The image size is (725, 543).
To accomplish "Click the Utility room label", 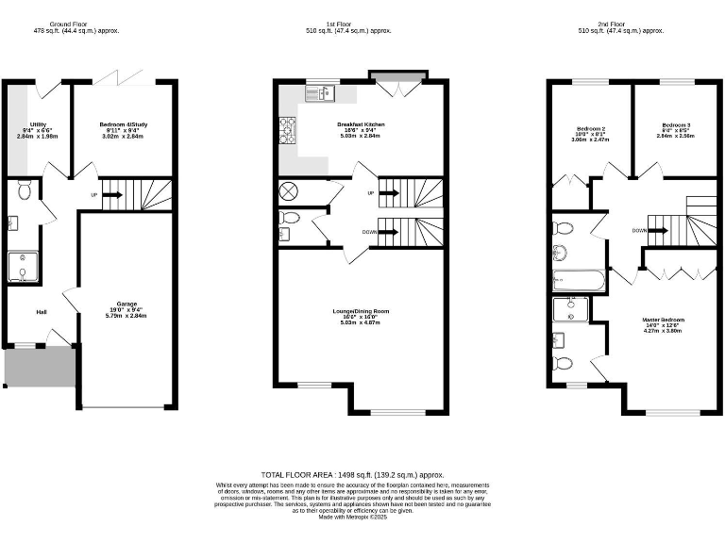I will pos(38,124).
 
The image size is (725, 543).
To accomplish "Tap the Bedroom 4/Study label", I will pos(123,124).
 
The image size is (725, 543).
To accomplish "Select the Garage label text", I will pos(123,304).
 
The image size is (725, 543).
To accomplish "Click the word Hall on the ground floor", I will pos(42,312).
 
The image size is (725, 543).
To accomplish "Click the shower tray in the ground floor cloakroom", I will pos(23,267).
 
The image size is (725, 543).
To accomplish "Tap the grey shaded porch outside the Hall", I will pos(40,367).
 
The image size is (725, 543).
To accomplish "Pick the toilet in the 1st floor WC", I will pos(290,219).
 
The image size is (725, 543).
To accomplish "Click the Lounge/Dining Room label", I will pos(360,311).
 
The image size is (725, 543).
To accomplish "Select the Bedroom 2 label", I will pos(590,126).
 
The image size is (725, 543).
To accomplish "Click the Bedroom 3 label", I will pos(675,125).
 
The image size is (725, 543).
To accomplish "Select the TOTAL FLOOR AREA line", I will pos(352,475).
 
